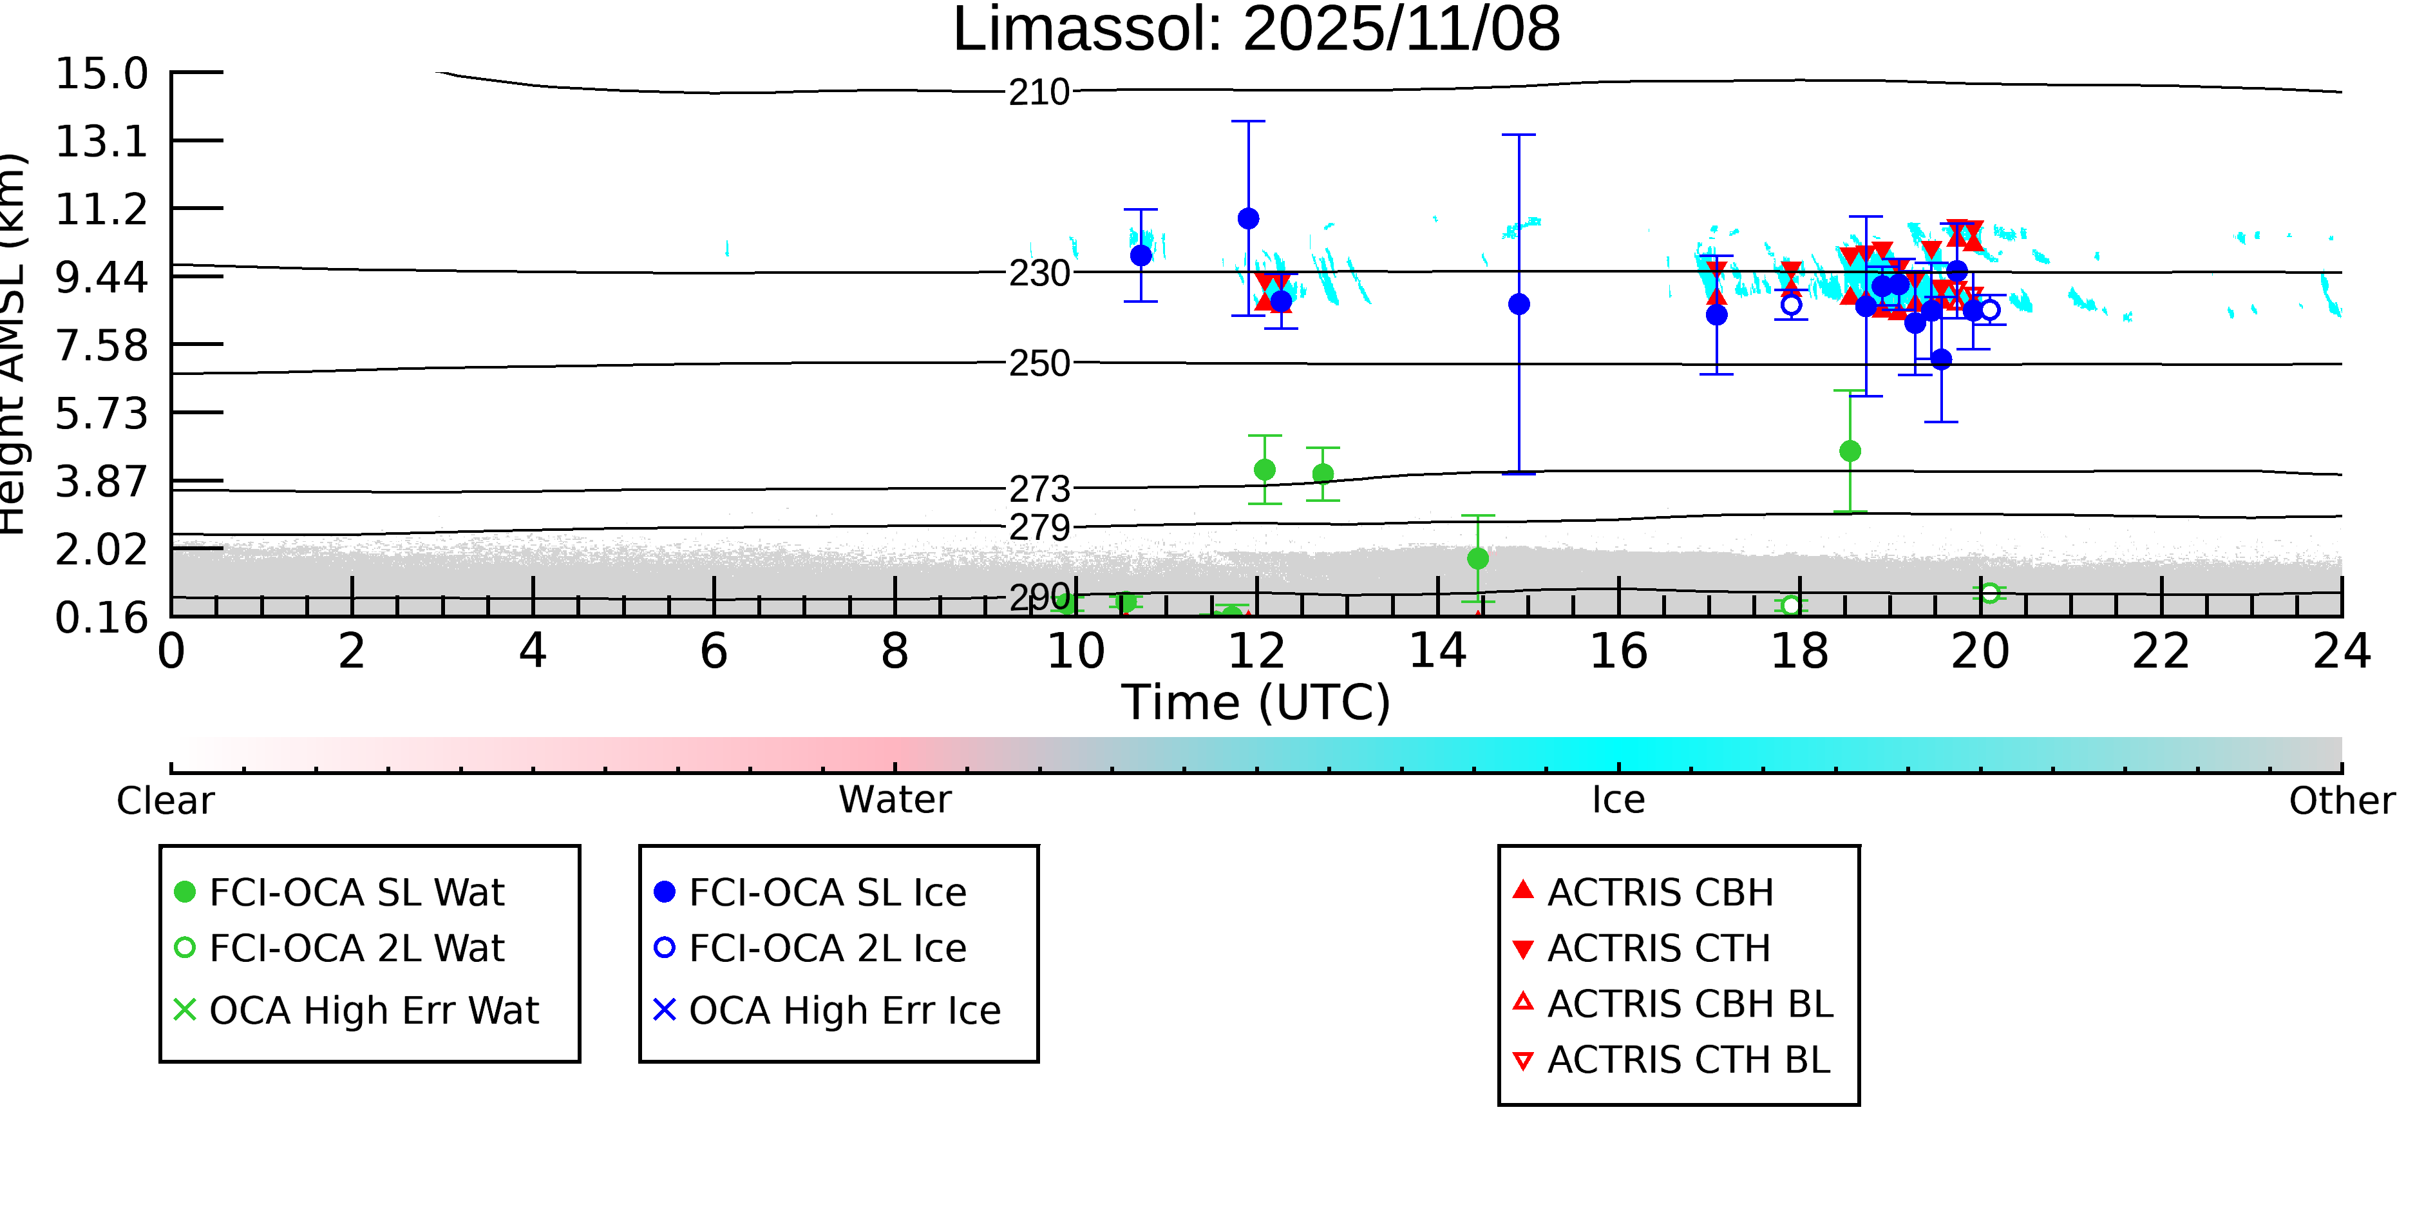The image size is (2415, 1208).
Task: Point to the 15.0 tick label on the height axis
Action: coord(101,74)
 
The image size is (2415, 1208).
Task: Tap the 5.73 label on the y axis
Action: coord(101,414)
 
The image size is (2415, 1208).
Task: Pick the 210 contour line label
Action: coord(1039,93)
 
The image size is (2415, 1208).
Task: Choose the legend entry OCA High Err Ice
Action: coord(844,1011)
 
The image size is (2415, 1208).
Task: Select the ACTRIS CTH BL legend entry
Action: coord(1687,1060)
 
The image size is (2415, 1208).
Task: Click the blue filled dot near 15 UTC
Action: coord(1519,304)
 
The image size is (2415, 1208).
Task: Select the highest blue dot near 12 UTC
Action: coord(1248,218)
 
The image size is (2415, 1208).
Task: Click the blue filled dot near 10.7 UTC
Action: coord(1140,255)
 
